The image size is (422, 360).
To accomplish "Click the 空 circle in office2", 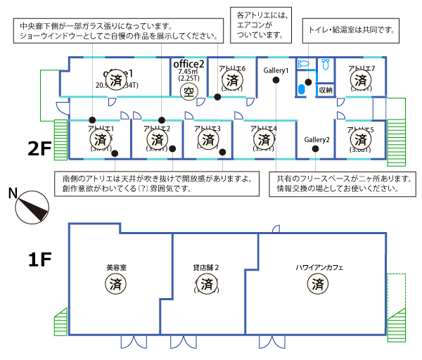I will [x=187, y=91].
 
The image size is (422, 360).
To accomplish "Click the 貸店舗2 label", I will [x=207, y=267].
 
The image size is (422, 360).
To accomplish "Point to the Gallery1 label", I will [x=276, y=71].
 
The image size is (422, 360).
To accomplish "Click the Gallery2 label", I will [x=317, y=140].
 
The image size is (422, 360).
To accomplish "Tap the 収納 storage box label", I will [x=325, y=89].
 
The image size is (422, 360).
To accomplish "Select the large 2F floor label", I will [x=40, y=148].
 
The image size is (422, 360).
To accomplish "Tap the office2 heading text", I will [x=188, y=63].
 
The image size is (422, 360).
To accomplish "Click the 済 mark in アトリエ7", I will [x=362, y=80].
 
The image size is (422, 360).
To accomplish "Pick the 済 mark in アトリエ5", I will [x=362, y=140].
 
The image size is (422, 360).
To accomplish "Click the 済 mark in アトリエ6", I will [x=233, y=80].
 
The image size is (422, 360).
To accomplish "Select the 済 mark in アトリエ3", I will [x=207, y=139].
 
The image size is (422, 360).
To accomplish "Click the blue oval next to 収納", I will [x=302, y=89].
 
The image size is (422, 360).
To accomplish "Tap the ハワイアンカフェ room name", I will [x=318, y=267].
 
